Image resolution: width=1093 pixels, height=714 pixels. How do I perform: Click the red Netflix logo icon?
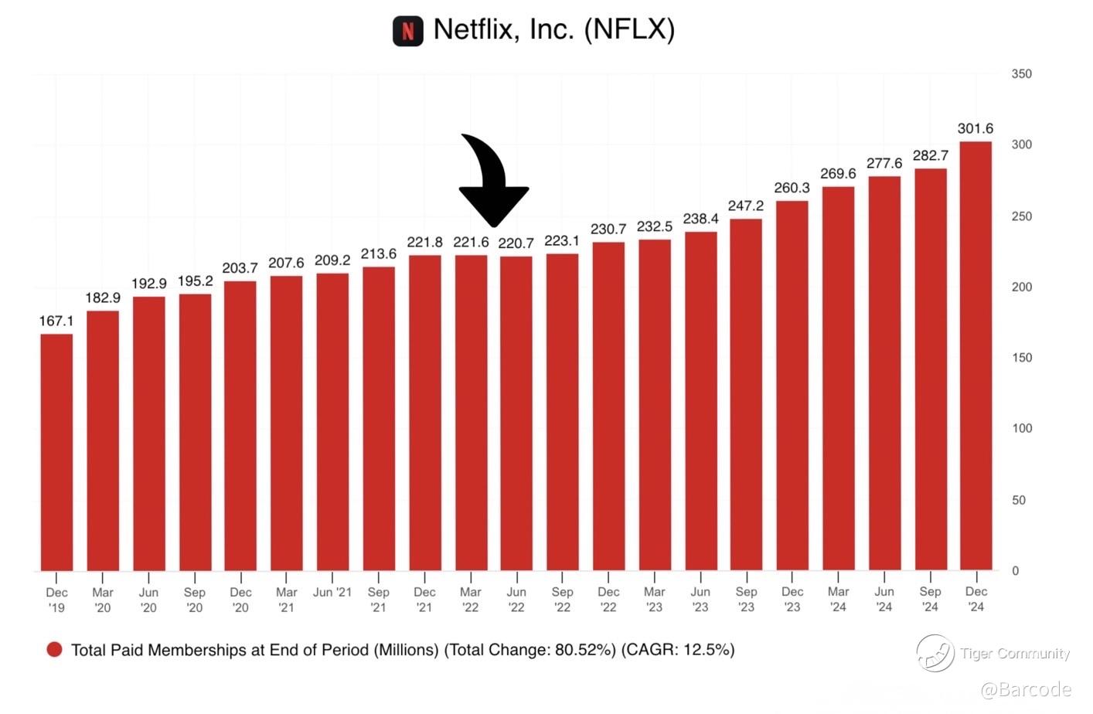[408, 31]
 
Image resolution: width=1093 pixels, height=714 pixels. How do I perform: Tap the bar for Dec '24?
[976, 355]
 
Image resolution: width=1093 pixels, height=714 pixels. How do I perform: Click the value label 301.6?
[976, 128]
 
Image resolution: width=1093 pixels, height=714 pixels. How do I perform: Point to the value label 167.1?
[56, 321]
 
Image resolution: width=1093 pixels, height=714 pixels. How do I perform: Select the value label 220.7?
[516, 243]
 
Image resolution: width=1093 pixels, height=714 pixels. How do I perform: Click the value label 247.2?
[746, 206]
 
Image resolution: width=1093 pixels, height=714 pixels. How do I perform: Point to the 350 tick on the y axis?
[1021, 74]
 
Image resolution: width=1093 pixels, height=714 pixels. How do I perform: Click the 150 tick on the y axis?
[1021, 358]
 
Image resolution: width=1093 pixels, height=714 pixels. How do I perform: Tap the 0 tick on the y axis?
[1015, 571]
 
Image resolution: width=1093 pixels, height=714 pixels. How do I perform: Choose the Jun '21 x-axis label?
[332, 593]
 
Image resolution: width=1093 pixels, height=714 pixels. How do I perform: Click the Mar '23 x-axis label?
[655, 600]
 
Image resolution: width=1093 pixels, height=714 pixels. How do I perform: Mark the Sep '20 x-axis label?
[195, 600]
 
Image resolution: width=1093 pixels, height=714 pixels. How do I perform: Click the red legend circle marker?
[54, 650]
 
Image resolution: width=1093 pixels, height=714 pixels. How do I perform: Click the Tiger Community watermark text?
[1015, 654]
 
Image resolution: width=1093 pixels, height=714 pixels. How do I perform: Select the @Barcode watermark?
[1026, 690]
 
